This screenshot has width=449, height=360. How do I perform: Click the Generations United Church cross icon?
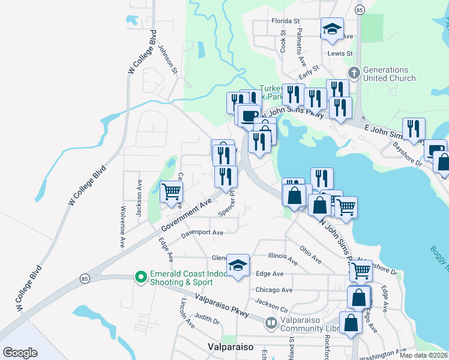(354, 73)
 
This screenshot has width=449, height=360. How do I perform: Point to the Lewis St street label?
(339, 53)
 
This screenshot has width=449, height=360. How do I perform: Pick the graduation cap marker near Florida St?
(331, 29)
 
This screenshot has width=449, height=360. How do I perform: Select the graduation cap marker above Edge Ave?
(238, 265)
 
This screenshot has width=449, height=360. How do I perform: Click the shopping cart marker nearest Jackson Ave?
(172, 192)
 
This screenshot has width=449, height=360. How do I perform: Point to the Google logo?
(20, 352)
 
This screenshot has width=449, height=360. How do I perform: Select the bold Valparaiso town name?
(231, 347)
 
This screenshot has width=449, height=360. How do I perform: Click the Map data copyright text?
(424, 356)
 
